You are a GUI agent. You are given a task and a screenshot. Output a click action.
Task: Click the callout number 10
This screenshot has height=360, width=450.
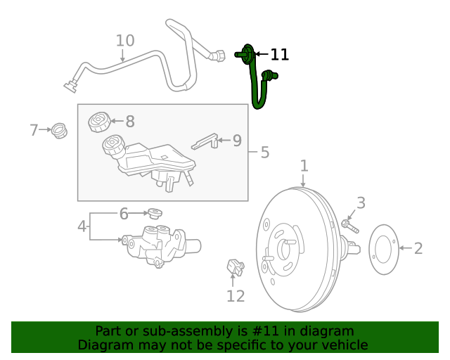click(124, 41)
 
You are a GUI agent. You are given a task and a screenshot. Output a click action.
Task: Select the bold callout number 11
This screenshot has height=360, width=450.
click(280, 54)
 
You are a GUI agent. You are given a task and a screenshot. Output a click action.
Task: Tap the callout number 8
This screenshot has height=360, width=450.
click(129, 122)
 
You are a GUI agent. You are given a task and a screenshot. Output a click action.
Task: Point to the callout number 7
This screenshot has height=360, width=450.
click(34, 130)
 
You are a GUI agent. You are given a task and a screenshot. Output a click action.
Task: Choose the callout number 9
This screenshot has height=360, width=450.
click(237, 141)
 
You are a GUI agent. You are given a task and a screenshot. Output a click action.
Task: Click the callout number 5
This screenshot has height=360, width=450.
click(264, 153)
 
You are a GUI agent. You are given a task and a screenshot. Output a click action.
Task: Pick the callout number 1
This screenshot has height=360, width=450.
click(304, 166)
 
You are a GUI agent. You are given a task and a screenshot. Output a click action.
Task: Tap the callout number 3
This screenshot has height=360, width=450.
click(361, 203)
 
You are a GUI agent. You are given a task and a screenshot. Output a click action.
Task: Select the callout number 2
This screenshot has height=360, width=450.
click(418, 248)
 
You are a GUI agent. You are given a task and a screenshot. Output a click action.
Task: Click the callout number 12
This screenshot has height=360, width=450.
click(236, 296)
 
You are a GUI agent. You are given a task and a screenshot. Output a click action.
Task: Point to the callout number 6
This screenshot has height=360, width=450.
click(123, 214)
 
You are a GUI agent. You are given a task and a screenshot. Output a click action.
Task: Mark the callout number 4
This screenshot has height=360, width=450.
click(82, 226)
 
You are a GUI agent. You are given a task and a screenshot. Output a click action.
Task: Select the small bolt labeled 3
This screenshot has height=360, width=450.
click(349, 226)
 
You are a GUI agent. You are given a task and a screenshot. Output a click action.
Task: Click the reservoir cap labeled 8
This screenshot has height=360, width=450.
click(99, 121)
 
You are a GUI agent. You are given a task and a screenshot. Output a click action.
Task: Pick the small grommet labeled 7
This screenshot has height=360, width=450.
click(60, 131)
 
